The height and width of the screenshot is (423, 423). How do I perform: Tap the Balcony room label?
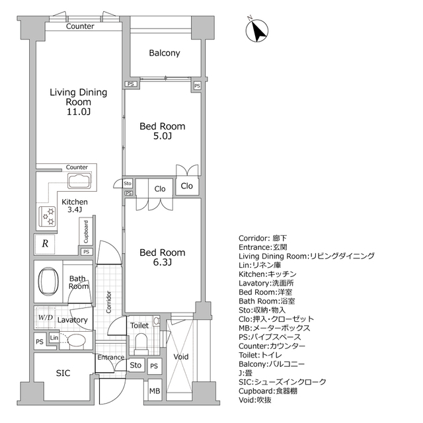[165, 54]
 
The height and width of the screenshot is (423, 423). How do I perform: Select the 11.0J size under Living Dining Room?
[78, 113]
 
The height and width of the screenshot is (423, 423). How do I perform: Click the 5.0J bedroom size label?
[161, 137]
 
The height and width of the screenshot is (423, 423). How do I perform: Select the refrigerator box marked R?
[45, 243]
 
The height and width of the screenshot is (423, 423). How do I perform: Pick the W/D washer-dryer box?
[46, 317]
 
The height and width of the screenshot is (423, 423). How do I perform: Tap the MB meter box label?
[154, 392]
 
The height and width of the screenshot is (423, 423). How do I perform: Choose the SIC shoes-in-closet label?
[63, 373]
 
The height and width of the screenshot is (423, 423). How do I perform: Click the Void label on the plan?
[180, 357]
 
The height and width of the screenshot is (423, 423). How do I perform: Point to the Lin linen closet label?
[54, 338]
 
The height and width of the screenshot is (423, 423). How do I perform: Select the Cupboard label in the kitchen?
[86, 231]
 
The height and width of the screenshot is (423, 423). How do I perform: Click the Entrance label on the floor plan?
[110, 358]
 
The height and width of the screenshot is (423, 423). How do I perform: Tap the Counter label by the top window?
[80, 26]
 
